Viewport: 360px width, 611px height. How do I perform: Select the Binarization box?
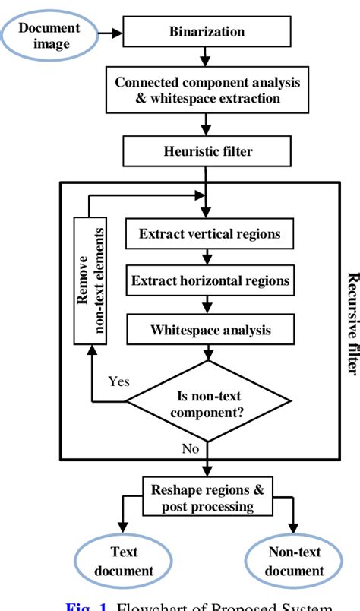[207, 33]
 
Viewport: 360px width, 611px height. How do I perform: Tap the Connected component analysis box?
[207, 90]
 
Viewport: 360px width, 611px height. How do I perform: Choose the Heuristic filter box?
[207, 151]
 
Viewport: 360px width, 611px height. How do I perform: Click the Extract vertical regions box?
[210, 233]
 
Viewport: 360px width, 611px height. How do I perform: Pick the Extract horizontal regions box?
[210, 281]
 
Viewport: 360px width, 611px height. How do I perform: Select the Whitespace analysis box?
[210, 330]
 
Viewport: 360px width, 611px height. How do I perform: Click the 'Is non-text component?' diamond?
[208, 401]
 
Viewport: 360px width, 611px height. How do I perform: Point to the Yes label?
[119, 381]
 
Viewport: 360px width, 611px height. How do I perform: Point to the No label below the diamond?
[190, 448]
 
